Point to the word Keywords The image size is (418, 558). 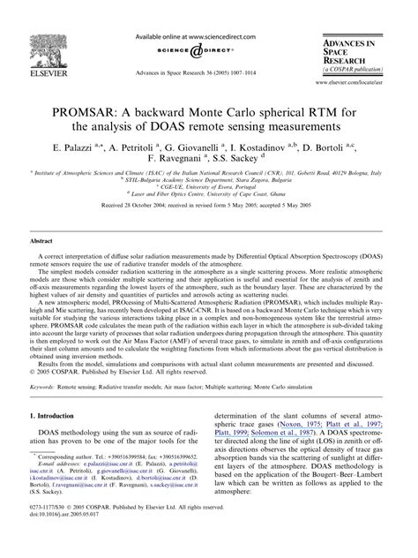click(46, 388)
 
